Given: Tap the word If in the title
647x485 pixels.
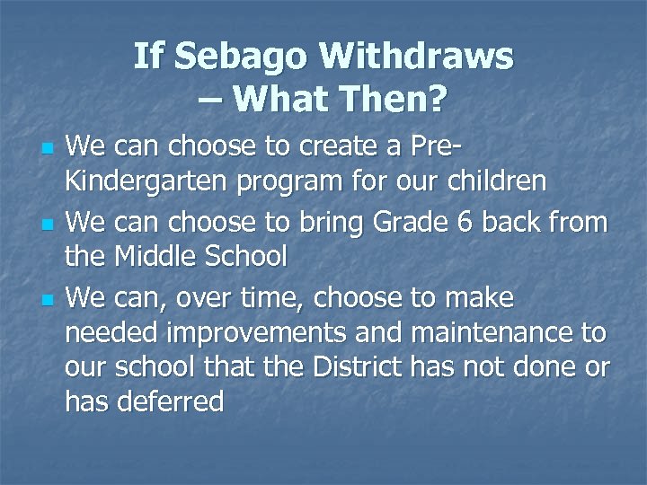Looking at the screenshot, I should [x=148, y=58].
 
